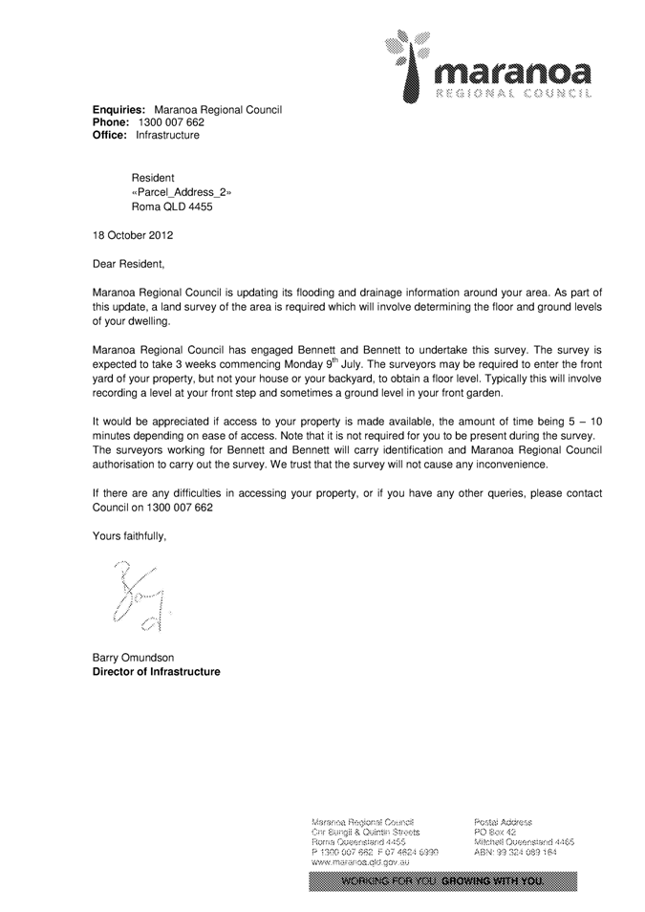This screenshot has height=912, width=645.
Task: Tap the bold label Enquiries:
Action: click(x=118, y=111)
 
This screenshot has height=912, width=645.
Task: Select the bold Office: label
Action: click(x=110, y=136)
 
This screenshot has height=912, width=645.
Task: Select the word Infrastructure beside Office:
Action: click(x=168, y=136)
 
